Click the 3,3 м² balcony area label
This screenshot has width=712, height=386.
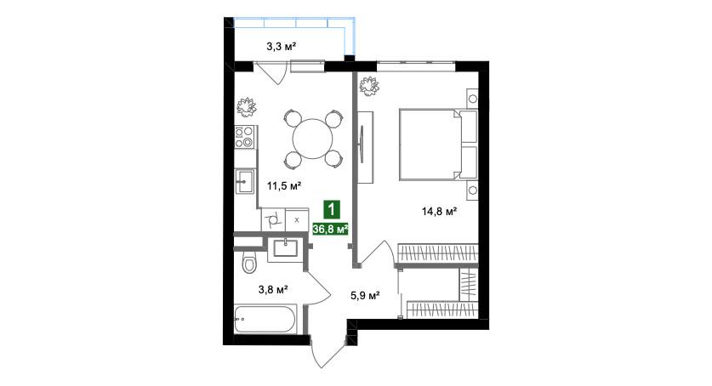[x=281, y=46]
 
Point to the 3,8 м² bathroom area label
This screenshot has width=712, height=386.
[x=272, y=289]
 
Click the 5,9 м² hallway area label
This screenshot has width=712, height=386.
[x=364, y=296]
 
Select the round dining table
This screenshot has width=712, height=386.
[x=312, y=136]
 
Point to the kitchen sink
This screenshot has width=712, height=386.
[x=245, y=179]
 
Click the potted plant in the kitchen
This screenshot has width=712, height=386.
[x=248, y=107]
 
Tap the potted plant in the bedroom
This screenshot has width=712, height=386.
[x=370, y=85]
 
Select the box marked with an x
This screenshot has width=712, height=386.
[x=296, y=220]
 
